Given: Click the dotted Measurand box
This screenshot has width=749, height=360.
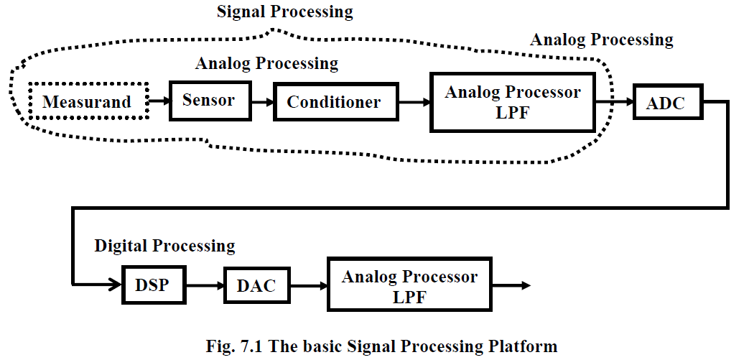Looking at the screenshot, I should pos(87,101).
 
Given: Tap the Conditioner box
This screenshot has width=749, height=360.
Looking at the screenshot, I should pos(334,102).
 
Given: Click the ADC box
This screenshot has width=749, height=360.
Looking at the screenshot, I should pos(666,103).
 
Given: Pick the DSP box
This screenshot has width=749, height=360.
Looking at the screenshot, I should pos(152,285).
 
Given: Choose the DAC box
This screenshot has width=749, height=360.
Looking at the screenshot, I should pos(256,285).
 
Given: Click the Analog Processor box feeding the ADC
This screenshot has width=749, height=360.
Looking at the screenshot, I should pos(512,101).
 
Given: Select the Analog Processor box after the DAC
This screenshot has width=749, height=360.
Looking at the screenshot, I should pos(409,286).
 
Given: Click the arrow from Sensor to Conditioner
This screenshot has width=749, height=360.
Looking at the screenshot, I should pos(262,102).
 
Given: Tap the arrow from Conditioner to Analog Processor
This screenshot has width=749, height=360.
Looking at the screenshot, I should pos(415,102).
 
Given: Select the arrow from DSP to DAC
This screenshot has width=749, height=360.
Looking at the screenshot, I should pos(205,285).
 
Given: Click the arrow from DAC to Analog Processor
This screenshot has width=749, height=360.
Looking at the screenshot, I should pos(308,285).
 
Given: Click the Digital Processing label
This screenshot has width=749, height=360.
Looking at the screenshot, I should pos(164,246).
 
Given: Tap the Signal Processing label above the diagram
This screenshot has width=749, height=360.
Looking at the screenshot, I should pos(285,11).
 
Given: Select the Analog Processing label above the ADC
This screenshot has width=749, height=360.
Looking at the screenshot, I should pos(601,40).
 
